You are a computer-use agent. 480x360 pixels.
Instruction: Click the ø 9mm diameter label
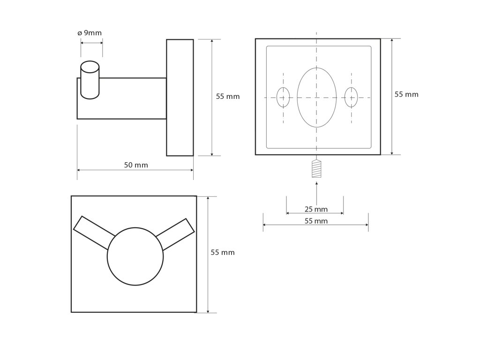click(x=89, y=33)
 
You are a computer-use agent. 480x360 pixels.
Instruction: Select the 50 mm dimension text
click(x=136, y=165)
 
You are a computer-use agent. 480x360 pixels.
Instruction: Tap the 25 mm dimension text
click(x=316, y=209)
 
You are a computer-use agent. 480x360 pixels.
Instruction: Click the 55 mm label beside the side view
click(x=228, y=97)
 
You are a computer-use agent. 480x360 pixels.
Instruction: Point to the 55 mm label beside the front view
click(x=223, y=252)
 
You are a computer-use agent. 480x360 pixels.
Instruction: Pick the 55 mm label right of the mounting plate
click(x=406, y=94)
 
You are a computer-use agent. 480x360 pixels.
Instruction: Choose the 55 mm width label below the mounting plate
click(x=316, y=221)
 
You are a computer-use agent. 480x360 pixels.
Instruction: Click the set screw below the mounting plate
click(x=317, y=169)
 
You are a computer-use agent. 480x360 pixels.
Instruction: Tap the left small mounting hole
click(x=283, y=97)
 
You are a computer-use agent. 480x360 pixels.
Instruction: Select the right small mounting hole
click(x=351, y=97)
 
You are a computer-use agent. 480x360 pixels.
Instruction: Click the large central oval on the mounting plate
click(x=317, y=97)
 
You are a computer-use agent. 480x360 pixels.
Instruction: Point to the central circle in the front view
click(x=135, y=256)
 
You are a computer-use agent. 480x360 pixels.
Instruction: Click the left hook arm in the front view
click(x=94, y=232)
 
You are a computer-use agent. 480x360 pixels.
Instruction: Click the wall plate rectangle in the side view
click(x=180, y=97)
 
